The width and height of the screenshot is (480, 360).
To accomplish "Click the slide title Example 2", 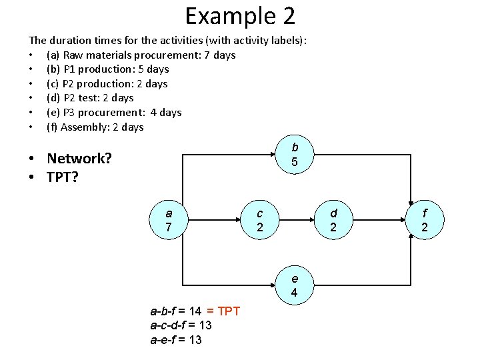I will [240, 16].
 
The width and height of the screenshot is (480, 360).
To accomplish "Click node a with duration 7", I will [169, 220].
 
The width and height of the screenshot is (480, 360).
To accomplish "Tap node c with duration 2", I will [260, 220].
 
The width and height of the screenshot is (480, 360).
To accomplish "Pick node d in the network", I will [334, 220].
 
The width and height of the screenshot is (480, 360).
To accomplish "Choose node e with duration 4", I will [294, 285].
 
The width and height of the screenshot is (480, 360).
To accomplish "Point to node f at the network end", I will [425, 220].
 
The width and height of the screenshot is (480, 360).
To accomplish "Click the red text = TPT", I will [223, 311].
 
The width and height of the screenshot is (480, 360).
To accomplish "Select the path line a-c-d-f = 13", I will [181, 325].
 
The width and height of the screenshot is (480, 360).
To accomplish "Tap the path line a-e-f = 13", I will [176, 340].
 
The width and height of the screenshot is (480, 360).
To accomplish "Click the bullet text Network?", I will [79, 159].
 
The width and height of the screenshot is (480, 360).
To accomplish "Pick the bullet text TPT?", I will [62, 178].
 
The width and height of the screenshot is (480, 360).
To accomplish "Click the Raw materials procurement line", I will [141, 55].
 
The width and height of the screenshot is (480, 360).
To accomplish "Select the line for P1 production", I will [107, 69].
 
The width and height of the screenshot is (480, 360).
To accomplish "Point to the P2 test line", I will [90, 98].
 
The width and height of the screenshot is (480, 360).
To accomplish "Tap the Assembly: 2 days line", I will [95, 127].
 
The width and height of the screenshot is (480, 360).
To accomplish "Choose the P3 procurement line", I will [113, 113].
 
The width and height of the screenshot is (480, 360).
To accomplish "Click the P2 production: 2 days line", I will [107, 84].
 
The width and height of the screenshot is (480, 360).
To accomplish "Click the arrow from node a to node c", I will [214, 220].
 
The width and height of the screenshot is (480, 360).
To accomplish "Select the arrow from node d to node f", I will [379, 220].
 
